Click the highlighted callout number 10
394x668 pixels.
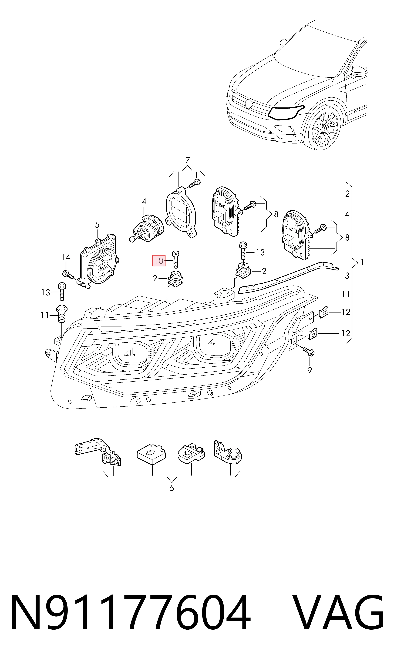pos(158,261)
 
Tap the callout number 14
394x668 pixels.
pos(66,257)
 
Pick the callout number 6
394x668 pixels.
pos(172,488)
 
